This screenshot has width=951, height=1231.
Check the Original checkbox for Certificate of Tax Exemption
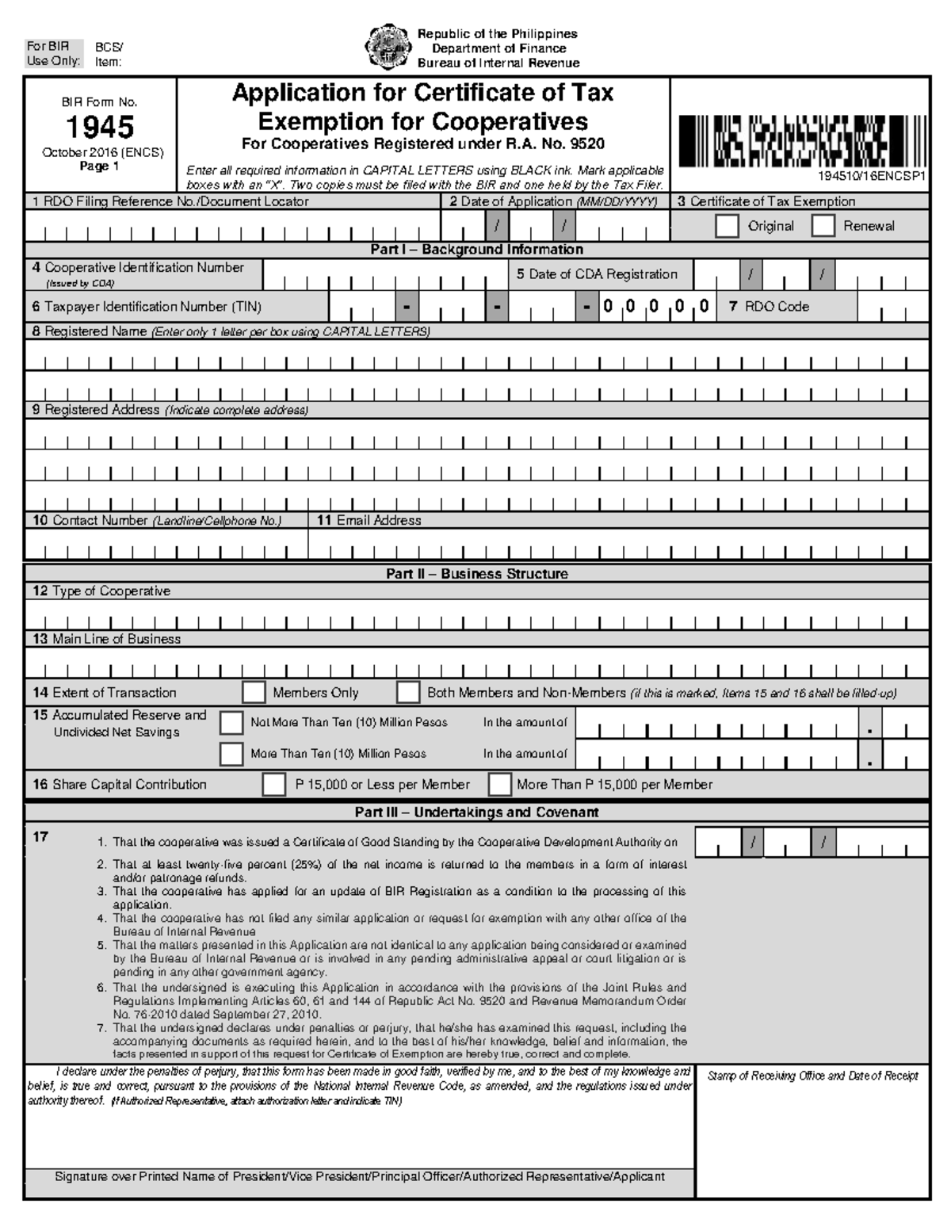726,226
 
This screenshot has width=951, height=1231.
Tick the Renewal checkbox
823,226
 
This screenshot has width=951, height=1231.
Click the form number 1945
100,127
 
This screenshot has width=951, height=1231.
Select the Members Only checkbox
254,692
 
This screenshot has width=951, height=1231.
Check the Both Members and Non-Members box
408,692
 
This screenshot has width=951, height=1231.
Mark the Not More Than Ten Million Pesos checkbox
231,723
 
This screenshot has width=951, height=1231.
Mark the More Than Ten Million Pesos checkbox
231,754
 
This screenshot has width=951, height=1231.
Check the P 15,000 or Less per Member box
274,785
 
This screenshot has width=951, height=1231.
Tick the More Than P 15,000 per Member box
499,785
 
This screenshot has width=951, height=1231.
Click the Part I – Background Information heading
476,250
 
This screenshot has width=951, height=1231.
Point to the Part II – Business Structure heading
476,574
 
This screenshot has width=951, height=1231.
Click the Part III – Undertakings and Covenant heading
476,812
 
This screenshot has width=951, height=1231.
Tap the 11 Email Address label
369,521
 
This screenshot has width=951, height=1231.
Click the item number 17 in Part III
41,837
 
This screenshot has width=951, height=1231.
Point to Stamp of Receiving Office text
812,1076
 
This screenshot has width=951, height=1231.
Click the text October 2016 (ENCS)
103,152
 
